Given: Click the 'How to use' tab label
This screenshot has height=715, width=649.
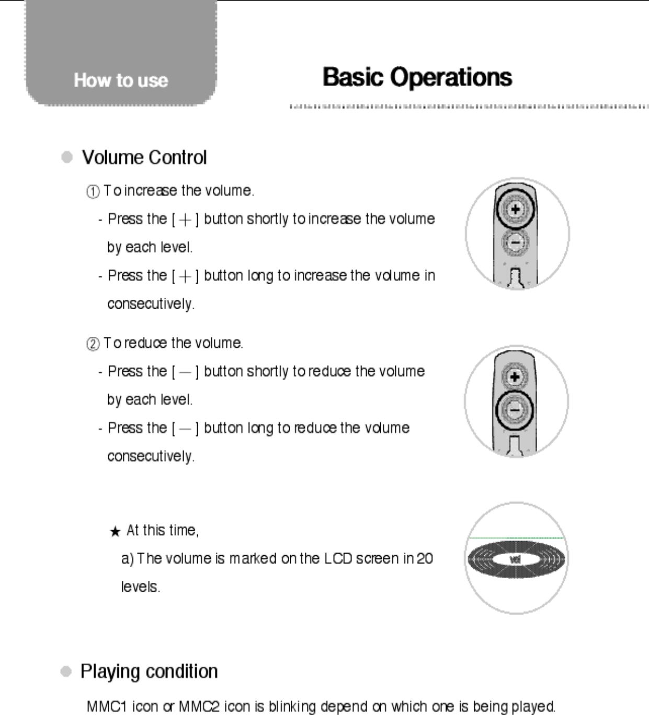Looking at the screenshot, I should pyautogui.click(x=121, y=80).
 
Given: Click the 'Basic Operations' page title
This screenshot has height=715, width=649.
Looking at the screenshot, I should pyautogui.click(x=417, y=77).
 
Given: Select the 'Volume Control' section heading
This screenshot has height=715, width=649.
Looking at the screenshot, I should pyautogui.click(x=144, y=157).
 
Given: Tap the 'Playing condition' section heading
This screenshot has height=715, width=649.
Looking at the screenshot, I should pyautogui.click(x=149, y=671).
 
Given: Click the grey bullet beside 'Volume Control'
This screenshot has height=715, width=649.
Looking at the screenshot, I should pyautogui.click(x=67, y=157).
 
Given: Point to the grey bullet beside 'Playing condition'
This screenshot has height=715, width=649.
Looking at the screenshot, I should pyautogui.click(x=66, y=671).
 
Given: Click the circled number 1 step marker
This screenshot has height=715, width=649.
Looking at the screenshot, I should pyautogui.click(x=93, y=192).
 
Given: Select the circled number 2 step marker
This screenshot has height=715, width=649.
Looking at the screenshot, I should pyautogui.click(x=93, y=344).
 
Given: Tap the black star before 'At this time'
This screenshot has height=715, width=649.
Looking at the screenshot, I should pyautogui.click(x=115, y=532).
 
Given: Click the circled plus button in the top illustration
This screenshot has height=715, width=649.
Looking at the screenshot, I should pyautogui.click(x=515, y=209).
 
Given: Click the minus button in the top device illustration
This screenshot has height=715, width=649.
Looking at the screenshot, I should pyautogui.click(x=515, y=242).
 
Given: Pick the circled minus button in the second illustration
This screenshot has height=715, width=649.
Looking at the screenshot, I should pyautogui.click(x=515, y=409).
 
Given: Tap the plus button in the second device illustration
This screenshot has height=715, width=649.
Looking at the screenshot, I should pyautogui.click(x=515, y=377).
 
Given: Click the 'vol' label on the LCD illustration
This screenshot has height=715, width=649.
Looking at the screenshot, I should pyautogui.click(x=515, y=559).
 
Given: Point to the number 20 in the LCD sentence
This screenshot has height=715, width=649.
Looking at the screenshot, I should pyautogui.click(x=425, y=559).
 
